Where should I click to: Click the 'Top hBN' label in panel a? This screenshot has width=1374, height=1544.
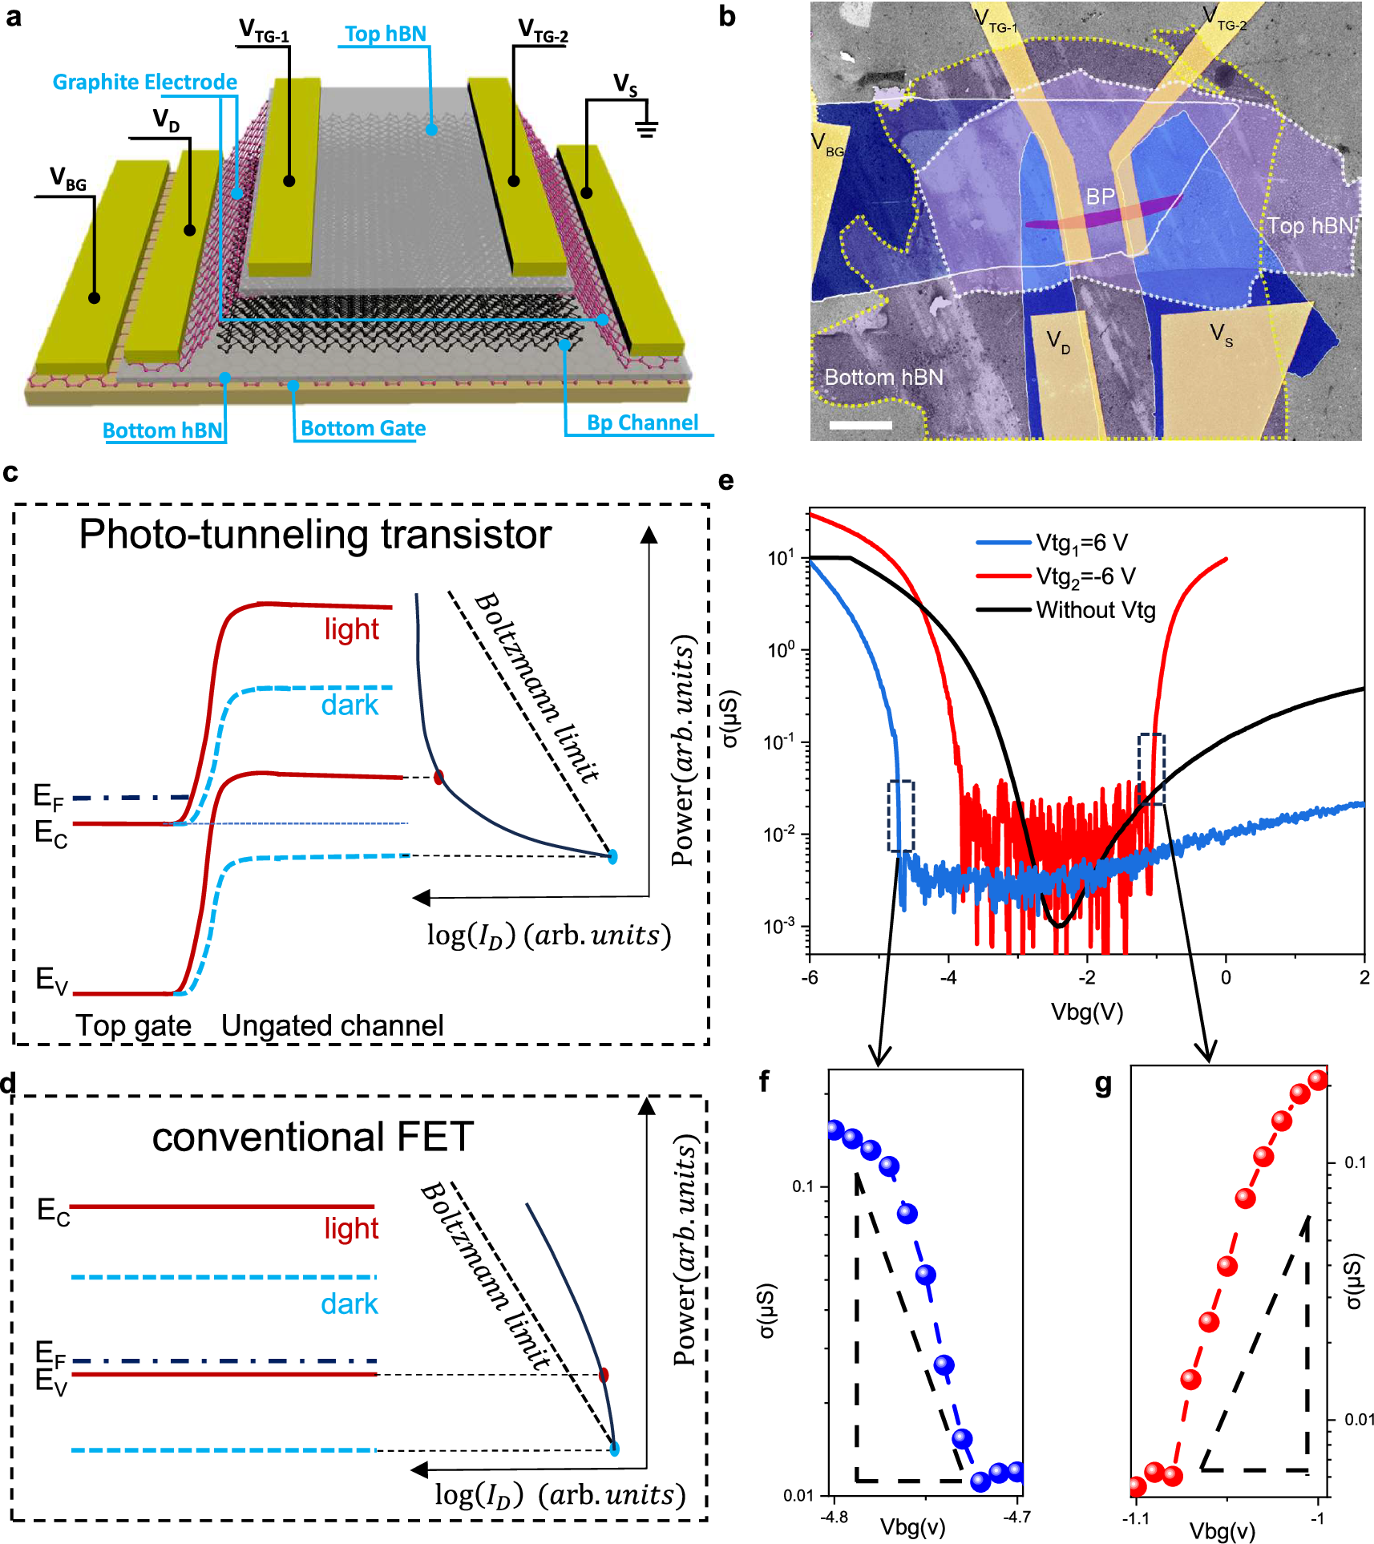[386, 34]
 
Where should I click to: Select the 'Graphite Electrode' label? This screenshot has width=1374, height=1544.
[144, 82]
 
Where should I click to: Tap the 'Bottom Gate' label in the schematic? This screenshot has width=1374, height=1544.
[362, 428]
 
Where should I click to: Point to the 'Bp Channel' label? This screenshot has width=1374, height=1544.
[642, 422]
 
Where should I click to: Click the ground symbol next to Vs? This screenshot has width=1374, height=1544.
[647, 128]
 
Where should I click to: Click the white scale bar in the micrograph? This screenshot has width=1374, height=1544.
[860, 425]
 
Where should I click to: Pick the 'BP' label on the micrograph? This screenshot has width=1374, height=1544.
[1100, 196]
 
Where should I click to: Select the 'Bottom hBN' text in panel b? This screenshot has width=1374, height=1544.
[883, 377]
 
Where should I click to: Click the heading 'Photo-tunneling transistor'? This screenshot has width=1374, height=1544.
[315, 534]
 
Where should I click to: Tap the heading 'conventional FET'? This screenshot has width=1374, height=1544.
[313, 1137]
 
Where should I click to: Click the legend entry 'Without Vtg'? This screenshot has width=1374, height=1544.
[1095, 610]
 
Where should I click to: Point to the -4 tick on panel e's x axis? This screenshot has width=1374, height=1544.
[948, 977]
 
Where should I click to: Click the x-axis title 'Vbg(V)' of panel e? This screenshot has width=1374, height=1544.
[1086, 1012]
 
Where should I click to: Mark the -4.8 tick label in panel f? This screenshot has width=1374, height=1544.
[835, 1517]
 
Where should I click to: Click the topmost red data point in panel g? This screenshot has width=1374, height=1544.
[1318, 1080]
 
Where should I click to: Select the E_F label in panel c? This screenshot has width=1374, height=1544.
[48, 797]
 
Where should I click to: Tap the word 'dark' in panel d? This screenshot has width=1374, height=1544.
[349, 1304]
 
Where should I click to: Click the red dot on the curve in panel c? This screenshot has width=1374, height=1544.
[438, 777]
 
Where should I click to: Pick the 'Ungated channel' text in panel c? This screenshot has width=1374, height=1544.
[332, 1025]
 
